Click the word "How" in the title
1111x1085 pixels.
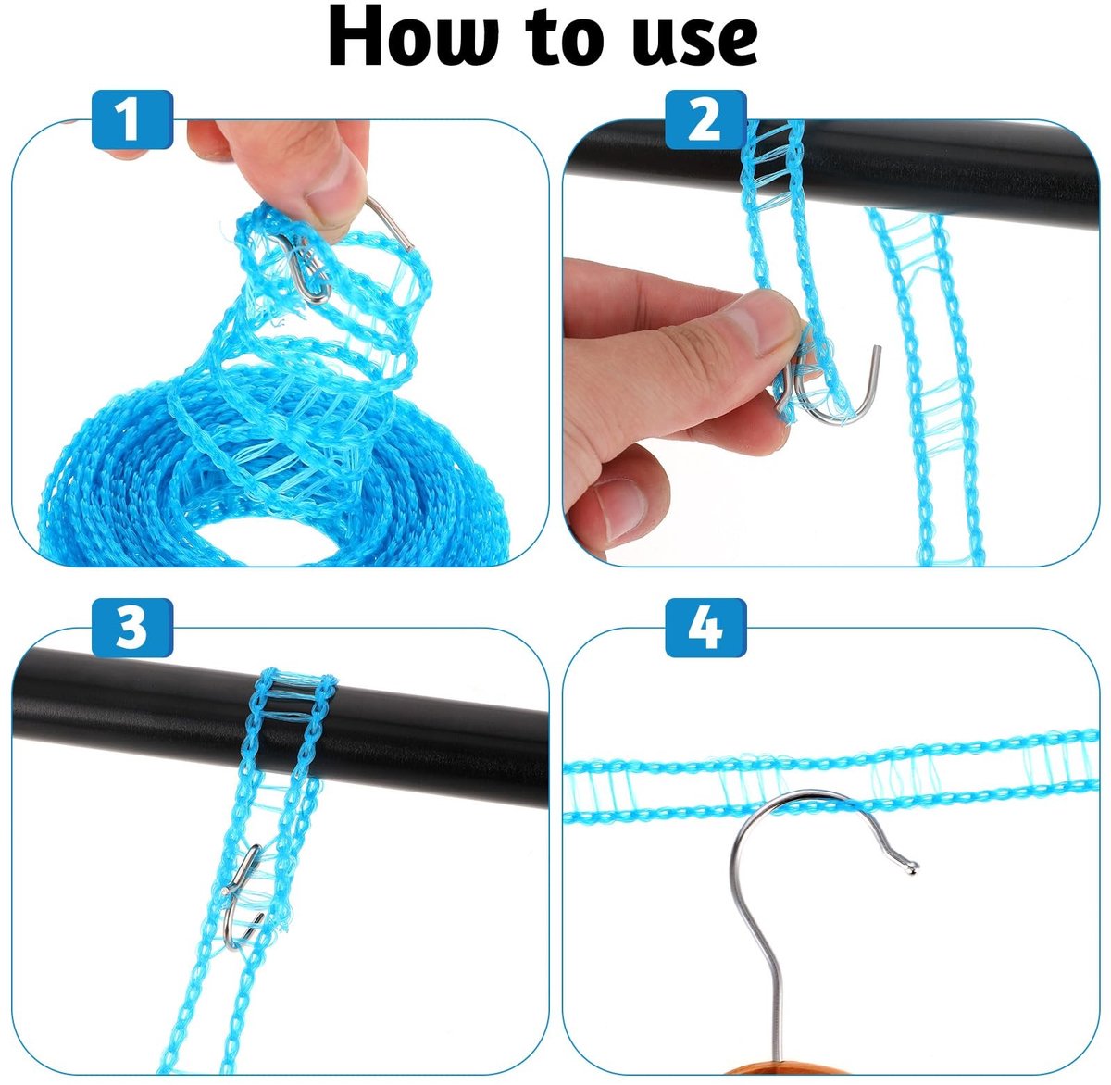click(x=413, y=38)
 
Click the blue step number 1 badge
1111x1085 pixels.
click(x=131, y=119)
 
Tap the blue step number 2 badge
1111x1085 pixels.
click(x=705, y=119)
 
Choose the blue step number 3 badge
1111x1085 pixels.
click(x=131, y=628)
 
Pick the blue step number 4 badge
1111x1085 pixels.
click(x=705, y=628)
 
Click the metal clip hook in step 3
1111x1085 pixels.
click(x=243, y=898)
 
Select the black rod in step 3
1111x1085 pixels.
click(x=280, y=728)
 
